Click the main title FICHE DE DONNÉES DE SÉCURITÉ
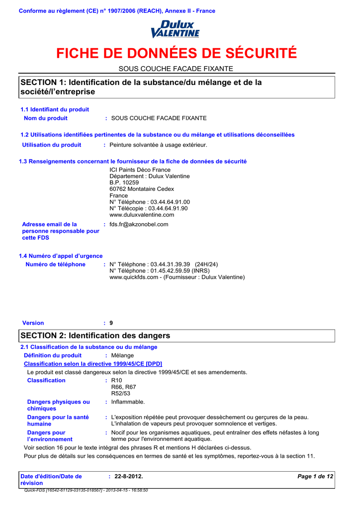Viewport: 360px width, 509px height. [176, 53]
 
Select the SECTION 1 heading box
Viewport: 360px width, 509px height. [177, 87]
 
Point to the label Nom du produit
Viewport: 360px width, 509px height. [46, 118]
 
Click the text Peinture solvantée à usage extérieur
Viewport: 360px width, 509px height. [158, 145]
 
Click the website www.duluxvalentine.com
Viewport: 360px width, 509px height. [142, 215]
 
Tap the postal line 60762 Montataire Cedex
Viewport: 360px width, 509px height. [142, 189]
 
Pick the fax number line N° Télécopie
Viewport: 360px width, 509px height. [149, 208]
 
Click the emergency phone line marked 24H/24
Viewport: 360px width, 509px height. [164, 264]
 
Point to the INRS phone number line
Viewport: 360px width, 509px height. [156, 271]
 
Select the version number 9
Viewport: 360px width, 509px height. [111, 323]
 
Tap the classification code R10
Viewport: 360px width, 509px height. [116, 380]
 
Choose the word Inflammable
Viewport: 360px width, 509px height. [128, 402]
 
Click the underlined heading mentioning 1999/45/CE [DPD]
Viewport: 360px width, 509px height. [93, 364]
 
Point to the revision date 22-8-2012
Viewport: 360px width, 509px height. [128, 476]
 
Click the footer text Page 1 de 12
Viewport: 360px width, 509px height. [315, 476]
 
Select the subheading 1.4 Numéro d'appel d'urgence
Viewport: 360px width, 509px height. [61, 255]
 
